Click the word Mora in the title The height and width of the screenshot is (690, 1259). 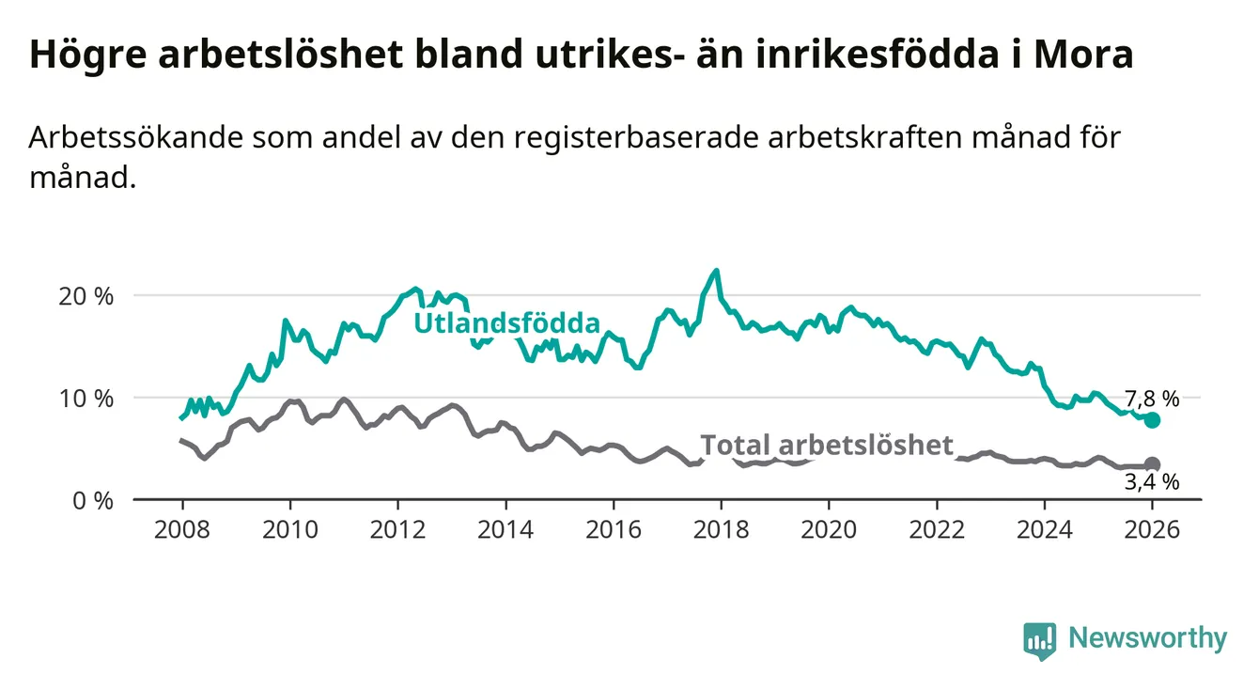pos(1083,55)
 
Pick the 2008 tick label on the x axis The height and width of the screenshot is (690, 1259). pos(182,529)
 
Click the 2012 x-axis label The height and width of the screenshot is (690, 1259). pos(398,529)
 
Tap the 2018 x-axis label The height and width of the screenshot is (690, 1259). pos(721,529)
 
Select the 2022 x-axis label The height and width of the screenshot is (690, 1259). pos(937,529)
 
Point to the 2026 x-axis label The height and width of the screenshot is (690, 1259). pos(1152,529)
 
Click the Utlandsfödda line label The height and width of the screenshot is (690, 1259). pos(507,323)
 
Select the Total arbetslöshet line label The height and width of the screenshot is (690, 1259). pos(827,445)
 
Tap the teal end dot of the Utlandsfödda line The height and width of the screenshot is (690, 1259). pos(1153,420)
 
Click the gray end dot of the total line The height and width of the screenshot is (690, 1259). pos(1153,464)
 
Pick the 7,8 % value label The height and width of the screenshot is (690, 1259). pos(1151,399)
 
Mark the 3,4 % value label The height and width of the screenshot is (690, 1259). pos(1151,483)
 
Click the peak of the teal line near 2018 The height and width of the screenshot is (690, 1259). pos(717,271)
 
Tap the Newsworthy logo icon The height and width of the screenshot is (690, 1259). pos(1039,639)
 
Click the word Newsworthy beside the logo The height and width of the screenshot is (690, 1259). pos(1147,639)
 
